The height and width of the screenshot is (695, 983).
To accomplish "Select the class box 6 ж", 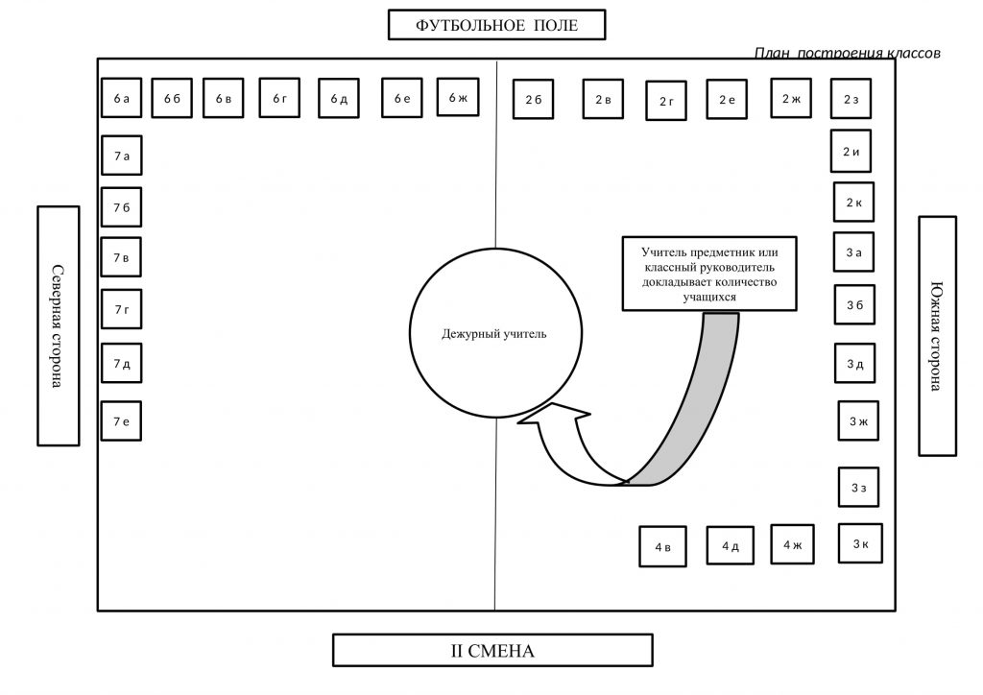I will pyautogui.click(x=458, y=97).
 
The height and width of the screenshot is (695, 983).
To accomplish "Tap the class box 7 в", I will pyautogui.click(x=122, y=257).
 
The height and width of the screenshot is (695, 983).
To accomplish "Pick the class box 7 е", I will pyautogui.click(x=122, y=420).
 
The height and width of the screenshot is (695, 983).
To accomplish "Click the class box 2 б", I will pyautogui.click(x=534, y=100).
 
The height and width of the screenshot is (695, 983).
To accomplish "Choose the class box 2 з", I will pyautogui.click(x=851, y=99).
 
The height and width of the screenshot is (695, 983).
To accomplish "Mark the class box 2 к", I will pyautogui.click(x=853, y=203).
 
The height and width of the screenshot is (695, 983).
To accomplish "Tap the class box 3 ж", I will pyautogui.click(x=857, y=420).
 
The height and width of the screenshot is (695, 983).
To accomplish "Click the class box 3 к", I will pyautogui.click(x=859, y=544).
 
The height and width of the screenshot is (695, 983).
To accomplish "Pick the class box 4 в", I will pyautogui.click(x=662, y=547).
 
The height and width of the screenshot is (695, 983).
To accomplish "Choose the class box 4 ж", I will pyautogui.click(x=792, y=544).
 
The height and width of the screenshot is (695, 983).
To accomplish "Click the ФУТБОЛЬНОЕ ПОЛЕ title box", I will pyautogui.click(x=496, y=25).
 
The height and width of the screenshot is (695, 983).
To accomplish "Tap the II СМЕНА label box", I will pyautogui.click(x=492, y=651).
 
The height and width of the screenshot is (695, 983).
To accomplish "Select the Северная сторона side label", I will pyautogui.click(x=57, y=325).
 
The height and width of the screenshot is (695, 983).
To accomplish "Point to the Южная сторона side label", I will pyautogui.click(x=937, y=335).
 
